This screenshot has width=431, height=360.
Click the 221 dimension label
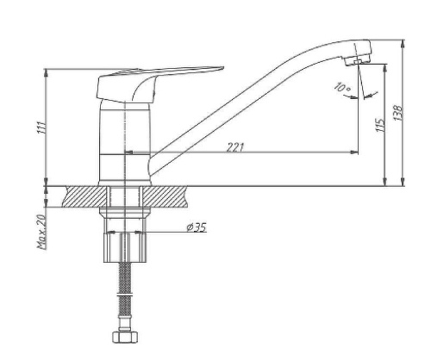[x=235, y=147]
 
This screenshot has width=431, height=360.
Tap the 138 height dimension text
[x=398, y=113]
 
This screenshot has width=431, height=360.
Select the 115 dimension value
[x=380, y=125]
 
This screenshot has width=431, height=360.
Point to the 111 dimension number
[x=41, y=127]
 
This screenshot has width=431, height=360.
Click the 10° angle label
[x=342, y=87]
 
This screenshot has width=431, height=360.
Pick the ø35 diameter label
[x=197, y=227]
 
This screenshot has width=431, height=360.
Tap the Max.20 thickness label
[x=42, y=232]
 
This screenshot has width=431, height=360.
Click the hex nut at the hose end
[x=125, y=337]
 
